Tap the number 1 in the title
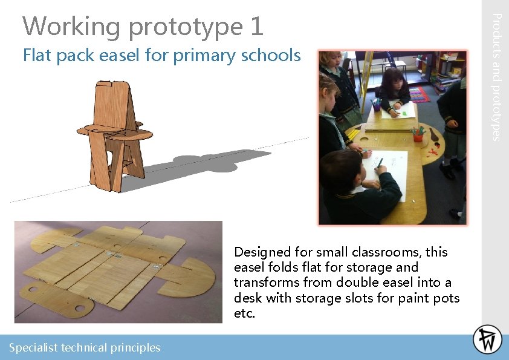(256, 26)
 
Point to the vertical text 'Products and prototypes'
(495, 77)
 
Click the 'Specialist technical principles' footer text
(85, 347)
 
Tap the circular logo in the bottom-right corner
(487, 339)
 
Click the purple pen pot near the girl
(377, 105)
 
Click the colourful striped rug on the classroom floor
(418, 94)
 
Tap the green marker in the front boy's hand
(380, 163)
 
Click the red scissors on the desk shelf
(432, 152)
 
